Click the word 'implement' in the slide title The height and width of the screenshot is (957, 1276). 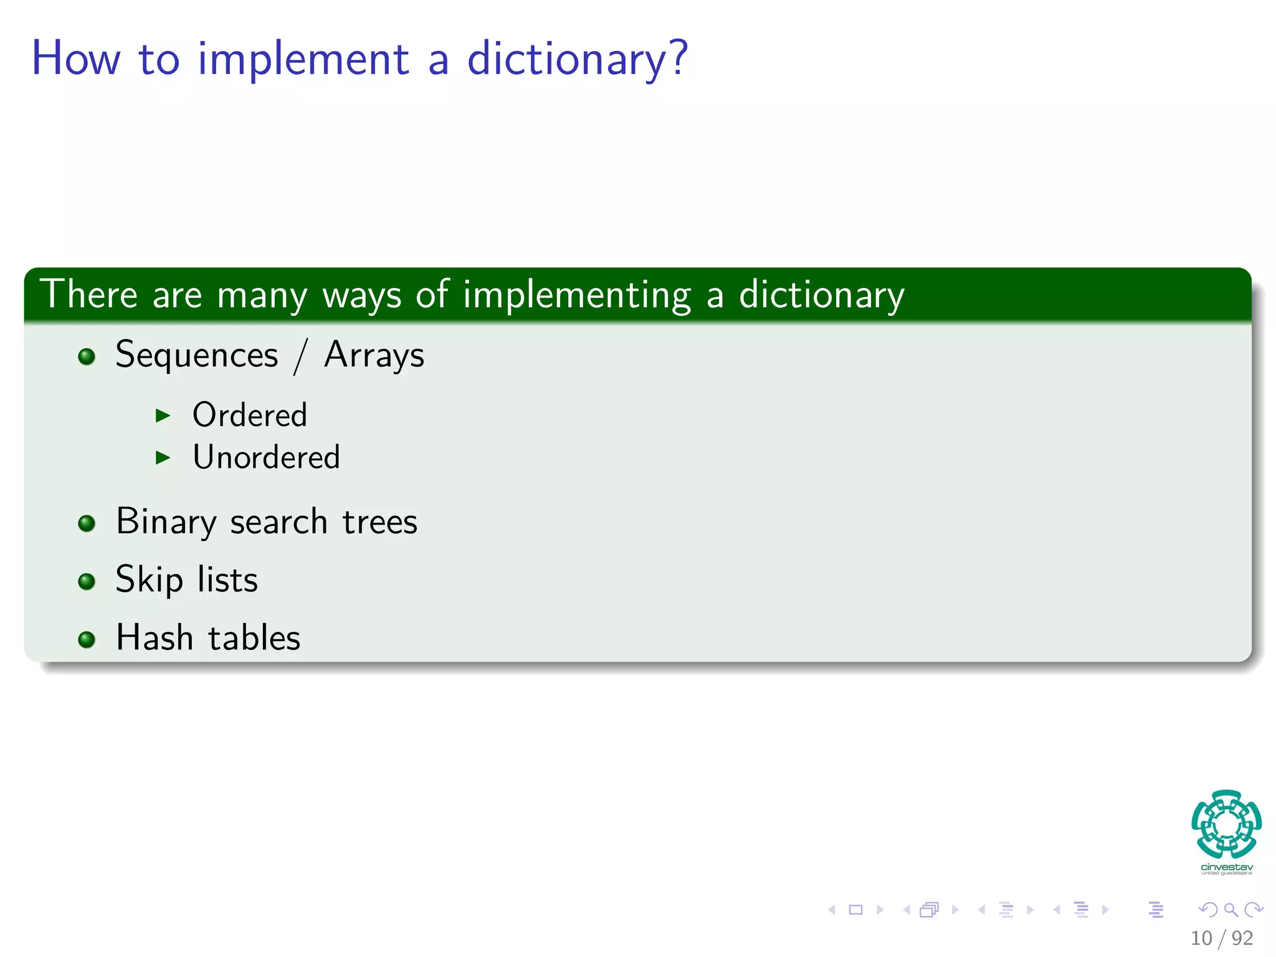(x=303, y=59)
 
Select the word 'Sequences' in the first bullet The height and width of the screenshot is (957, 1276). (x=197, y=356)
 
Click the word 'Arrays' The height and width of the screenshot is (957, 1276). (x=374, y=356)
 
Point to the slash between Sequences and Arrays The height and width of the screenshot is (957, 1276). (x=301, y=358)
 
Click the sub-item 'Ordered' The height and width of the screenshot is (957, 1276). (x=250, y=416)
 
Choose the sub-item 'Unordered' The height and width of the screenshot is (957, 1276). (x=267, y=458)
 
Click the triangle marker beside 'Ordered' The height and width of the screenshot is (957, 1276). (x=163, y=416)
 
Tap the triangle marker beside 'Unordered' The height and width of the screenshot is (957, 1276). (x=163, y=458)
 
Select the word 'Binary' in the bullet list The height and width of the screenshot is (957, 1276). (x=166, y=522)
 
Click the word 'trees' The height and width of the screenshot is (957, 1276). (x=380, y=522)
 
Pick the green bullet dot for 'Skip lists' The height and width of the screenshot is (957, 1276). (x=87, y=581)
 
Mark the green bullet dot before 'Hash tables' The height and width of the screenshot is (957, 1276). (x=87, y=639)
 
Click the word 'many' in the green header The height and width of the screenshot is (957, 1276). (x=262, y=295)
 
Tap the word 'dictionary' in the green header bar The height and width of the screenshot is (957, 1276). (x=821, y=295)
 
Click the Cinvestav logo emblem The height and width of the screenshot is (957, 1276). (x=1226, y=824)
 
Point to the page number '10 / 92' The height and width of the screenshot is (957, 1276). (x=1221, y=938)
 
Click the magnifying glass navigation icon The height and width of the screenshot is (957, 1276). (x=1231, y=910)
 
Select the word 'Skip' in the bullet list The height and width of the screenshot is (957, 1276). (x=149, y=580)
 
